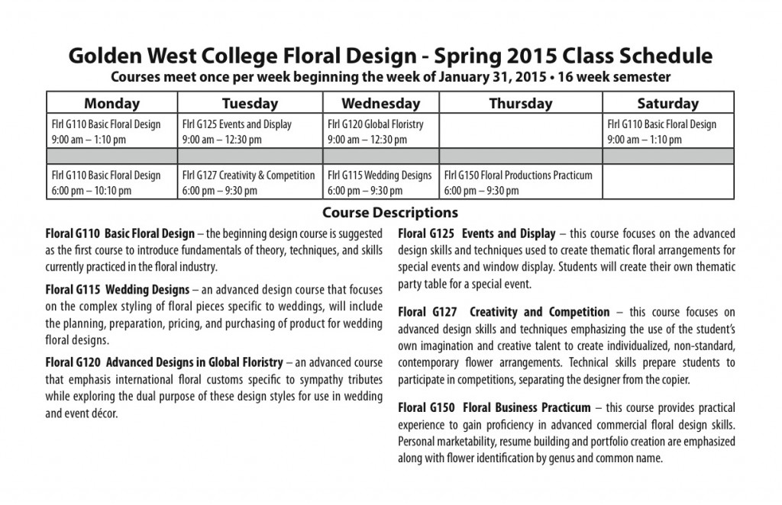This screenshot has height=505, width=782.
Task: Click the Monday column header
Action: tap(111, 103)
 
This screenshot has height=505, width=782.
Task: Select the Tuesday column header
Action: tap(250, 103)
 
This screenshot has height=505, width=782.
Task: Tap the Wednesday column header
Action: tap(380, 103)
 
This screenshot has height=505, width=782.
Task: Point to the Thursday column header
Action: tap(520, 103)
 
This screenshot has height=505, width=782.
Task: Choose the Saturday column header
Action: tap(667, 103)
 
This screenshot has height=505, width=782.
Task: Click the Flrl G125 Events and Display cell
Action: tap(250, 131)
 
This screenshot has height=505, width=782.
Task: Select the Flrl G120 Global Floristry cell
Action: tap(380, 131)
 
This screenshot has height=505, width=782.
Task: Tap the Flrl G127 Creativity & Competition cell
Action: tap(250, 182)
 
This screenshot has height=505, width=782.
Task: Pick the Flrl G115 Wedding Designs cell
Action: tap(380, 182)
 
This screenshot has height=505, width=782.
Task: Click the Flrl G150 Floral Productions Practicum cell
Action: tap(520, 182)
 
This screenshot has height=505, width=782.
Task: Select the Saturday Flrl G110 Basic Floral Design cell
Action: tap(667, 131)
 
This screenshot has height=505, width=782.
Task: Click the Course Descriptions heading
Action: tap(390, 212)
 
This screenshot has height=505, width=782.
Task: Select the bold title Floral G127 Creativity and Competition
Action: tap(503, 312)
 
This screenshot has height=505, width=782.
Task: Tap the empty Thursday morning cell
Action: tap(520, 131)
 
